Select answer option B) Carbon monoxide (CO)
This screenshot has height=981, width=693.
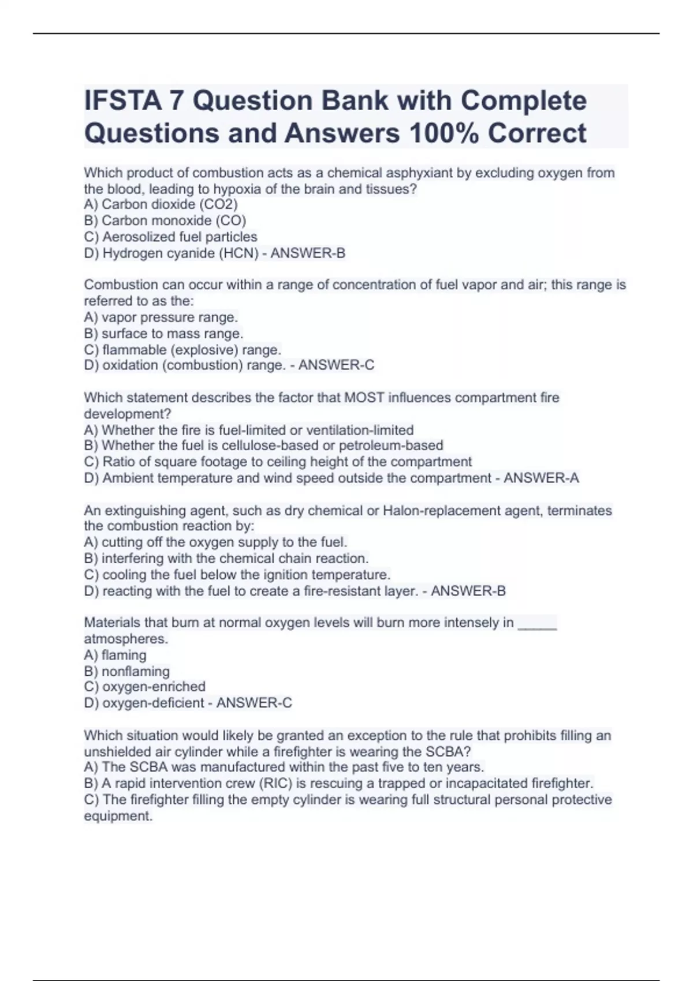tap(165, 220)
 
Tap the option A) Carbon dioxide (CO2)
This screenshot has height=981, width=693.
tap(161, 204)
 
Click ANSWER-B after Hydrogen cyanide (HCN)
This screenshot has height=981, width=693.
tap(308, 253)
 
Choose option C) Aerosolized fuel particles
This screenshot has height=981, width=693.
tap(171, 237)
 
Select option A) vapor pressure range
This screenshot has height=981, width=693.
tap(161, 317)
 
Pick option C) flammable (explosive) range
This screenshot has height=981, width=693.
tap(183, 350)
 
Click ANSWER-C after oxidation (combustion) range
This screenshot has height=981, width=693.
tap(336, 365)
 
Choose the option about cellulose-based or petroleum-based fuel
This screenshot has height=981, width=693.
tap(264, 445)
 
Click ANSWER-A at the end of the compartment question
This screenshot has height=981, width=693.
tap(541, 478)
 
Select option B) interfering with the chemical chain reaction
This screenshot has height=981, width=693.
tap(226, 559)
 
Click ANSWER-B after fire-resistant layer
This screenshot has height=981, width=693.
tap(468, 591)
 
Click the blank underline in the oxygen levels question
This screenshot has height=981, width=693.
tap(537, 624)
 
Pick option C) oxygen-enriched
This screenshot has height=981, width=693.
tap(145, 687)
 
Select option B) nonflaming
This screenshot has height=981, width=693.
tap(127, 671)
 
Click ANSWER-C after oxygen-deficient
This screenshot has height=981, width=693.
tap(254, 703)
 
